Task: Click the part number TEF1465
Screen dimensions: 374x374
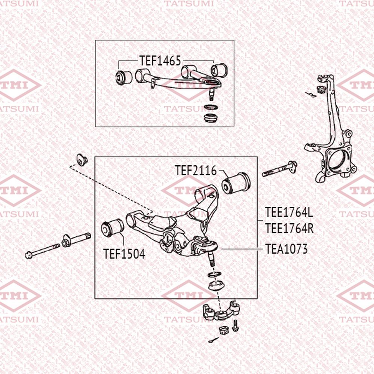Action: [160, 61]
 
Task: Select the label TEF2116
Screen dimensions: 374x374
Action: [196, 171]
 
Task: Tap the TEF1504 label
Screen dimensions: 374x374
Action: [124, 254]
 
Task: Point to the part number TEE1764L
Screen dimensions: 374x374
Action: [289, 213]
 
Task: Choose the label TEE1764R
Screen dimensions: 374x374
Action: [289, 228]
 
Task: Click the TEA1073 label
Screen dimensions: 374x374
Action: [286, 249]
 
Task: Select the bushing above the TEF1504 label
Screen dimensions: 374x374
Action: [113, 229]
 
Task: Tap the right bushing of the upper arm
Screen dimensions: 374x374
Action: [218, 70]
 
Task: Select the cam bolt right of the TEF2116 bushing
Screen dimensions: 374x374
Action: [280, 169]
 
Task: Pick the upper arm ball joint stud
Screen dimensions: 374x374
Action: [212, 93]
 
